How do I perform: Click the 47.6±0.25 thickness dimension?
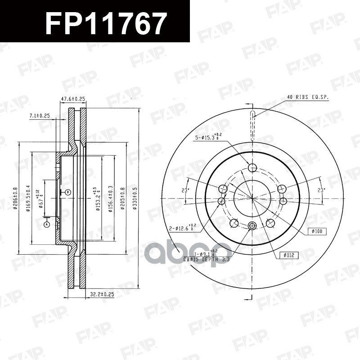tap(73, 99)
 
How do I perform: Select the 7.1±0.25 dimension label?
tap(39, 116)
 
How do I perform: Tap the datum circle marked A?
tap(46, 224)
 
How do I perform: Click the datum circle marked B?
tap(68, 192)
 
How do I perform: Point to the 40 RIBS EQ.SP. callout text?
tap(307, 97)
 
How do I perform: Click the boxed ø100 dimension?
tap(317, 231)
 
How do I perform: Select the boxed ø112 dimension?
tap(289, 255)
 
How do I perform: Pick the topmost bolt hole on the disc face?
tap(252, 168)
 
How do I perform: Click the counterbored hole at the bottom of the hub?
tap(252, 226)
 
